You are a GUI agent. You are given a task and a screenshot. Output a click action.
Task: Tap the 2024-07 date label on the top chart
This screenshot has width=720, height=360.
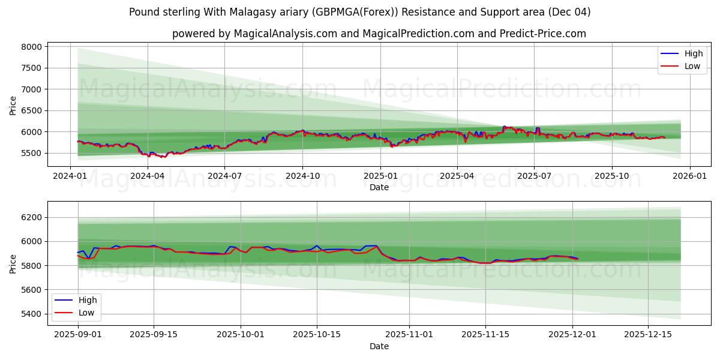224,176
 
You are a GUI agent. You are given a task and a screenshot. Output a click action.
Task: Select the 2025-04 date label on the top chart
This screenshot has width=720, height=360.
457,176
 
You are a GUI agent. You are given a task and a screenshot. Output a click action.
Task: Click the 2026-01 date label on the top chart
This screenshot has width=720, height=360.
689,176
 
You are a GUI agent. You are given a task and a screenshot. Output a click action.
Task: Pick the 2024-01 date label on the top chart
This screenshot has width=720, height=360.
70,176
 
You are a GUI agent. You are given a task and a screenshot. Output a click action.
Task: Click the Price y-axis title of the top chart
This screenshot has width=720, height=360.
13,105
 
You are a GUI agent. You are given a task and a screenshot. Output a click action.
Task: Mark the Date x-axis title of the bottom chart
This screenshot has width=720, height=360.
379,346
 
